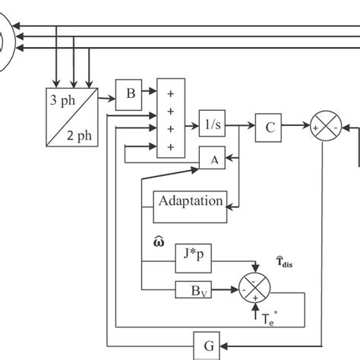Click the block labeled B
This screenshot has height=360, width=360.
point(130,93)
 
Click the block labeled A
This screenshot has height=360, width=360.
point(213,159)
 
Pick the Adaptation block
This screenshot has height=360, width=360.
point(190,201)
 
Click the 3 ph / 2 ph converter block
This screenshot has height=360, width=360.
point(70,115)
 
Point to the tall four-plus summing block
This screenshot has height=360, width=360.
point(170,117)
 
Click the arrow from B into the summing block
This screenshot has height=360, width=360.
point(150,93)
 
